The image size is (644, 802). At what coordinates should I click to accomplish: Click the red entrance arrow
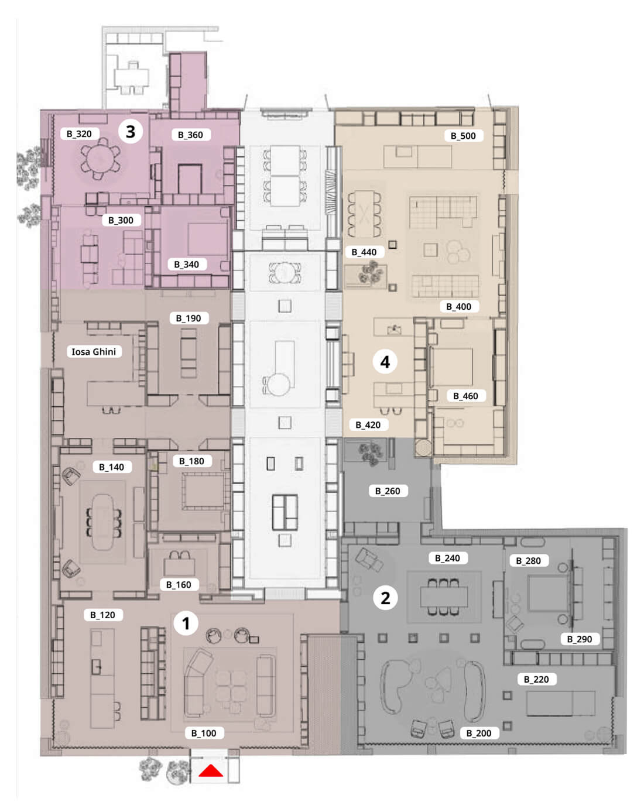211,770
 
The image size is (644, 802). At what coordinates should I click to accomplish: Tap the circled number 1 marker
186,623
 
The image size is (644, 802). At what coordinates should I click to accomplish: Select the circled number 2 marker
385,598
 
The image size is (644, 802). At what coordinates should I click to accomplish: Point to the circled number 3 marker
131,131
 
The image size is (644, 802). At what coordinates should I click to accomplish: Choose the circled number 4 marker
385,362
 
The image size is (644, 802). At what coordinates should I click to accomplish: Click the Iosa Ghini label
94,351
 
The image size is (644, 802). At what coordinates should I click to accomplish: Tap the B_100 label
204,733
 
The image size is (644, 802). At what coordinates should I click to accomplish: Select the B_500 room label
464,136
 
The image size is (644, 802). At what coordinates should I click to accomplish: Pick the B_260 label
388,491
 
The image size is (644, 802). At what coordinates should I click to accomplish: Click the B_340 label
187,264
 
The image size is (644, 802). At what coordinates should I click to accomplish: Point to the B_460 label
466,396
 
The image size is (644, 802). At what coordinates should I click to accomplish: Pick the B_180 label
192,461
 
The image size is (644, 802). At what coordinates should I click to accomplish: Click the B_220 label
537,680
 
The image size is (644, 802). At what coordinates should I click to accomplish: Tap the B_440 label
365,252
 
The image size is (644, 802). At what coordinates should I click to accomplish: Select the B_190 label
189,318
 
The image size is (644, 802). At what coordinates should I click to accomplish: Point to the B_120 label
103,615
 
